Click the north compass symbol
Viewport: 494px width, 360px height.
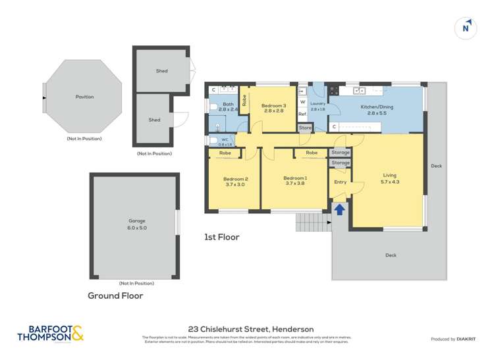(466, 28)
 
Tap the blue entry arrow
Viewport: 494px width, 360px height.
(339, 209)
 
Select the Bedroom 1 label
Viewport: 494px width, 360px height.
(295, 178)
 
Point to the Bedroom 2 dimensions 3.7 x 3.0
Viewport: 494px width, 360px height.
(235, 185)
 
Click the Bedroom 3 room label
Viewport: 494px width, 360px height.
(273, 106)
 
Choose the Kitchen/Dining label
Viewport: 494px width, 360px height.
(377, 107)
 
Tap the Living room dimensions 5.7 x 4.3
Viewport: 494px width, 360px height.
(389, 182)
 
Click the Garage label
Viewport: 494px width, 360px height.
(136, 221)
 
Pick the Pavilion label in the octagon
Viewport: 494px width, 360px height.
(84, 97)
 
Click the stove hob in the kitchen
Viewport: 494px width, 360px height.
(334, 91)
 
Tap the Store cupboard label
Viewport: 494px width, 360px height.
(305, 128)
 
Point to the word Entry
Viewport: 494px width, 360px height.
(340, 182)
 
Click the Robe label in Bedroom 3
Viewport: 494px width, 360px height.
(244, 101)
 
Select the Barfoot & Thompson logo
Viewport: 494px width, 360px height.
(51, 334)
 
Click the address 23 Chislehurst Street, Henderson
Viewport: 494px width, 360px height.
(250, 329)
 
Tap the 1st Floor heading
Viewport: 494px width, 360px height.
(221, 237)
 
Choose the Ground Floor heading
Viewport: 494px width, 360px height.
(115, 296)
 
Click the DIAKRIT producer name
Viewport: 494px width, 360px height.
(470, 339)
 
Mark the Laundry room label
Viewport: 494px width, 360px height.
(317, 104)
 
